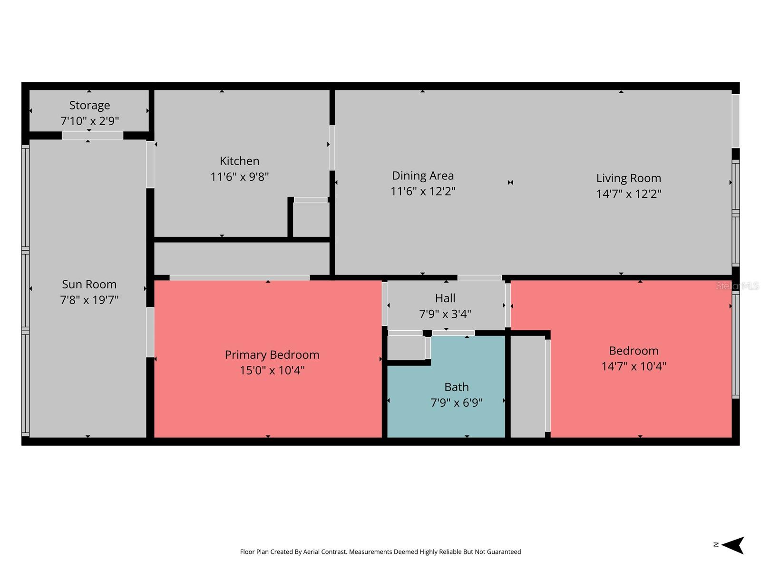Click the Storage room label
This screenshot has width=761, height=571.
[89, 105]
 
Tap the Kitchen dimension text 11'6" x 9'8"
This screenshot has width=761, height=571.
[239, 177]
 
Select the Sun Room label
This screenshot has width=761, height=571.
[89, 284]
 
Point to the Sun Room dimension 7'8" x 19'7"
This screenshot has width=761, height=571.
[89, 300]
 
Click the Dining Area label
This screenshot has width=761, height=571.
[423, 176]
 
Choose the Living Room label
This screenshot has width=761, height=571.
[628, 178]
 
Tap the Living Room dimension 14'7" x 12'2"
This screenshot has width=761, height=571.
[628, 194]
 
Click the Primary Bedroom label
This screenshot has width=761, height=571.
[272, 354]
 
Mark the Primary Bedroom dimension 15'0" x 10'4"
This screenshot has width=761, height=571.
[272, 370]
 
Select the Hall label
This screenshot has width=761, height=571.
[445, 298]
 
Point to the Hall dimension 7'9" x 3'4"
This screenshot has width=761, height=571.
[445, 314]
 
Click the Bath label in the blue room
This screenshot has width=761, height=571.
[456, 387]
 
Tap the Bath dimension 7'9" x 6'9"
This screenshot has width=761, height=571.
[456, 403]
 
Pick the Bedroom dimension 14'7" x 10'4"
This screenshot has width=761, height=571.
[634, 366]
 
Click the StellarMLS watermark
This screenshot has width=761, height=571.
[737, 286]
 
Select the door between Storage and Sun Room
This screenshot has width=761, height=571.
[92, 136]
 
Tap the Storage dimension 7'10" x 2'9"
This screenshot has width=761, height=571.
[89, 121]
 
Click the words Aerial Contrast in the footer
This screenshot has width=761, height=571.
[324, 551]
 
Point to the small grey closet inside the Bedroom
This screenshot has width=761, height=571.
[527, 386]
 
